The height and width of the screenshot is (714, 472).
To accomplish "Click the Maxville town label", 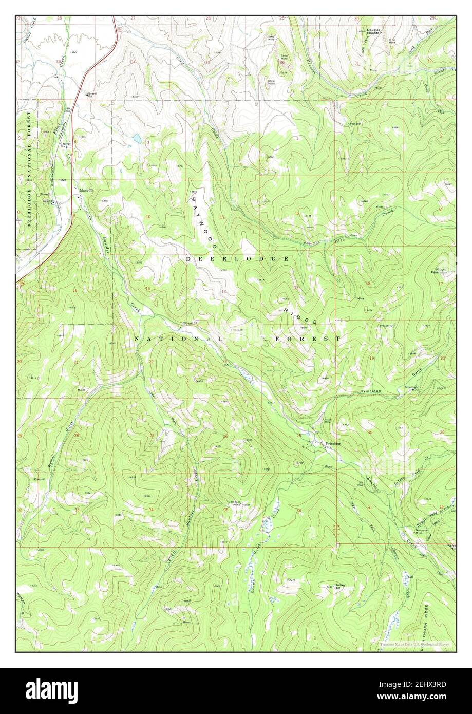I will click(x=87, y=190).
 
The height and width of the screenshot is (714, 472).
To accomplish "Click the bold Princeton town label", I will click(x=333, y=443).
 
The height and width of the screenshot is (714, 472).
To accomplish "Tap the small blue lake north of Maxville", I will click(x=137, y=138).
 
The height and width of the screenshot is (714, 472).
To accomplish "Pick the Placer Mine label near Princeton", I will click(x=328, y=420).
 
